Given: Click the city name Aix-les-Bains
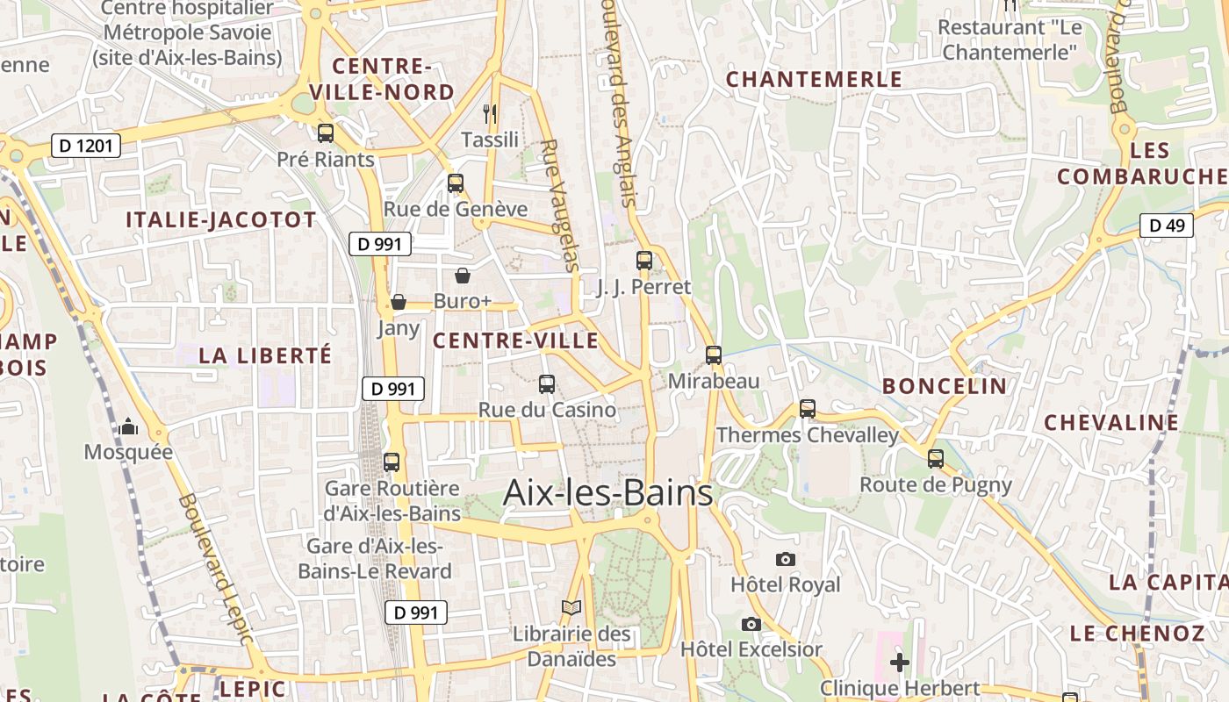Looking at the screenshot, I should click(607, 493).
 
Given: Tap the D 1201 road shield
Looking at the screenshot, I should click(86, 146).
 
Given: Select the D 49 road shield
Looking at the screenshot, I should click(1167, 226).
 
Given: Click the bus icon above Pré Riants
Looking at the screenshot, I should click(326, 133).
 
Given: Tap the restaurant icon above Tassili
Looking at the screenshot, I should click(491, 113).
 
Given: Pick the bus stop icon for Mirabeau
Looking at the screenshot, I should click(714, 355).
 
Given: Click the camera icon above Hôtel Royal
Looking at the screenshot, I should click(786, 559).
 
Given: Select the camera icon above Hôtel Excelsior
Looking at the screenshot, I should click(751, 624).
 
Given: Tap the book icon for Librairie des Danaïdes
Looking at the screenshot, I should click(571, 607).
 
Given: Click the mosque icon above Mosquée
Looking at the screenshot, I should click(129, 427).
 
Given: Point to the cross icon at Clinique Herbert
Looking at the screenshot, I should click(900, 663).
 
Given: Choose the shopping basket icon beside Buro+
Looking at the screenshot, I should click(463, 276).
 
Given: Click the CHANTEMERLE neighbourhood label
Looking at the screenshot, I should click(814, 79).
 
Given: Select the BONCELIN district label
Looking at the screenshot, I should click(945, 386).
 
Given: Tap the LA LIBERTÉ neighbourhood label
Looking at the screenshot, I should click(265, 355).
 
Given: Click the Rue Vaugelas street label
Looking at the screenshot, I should click(560, 205).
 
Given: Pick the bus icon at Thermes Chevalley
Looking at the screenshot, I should click(808, 409).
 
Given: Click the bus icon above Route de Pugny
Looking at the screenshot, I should click(936, 458).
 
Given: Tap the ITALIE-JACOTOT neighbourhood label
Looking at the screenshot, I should click(221, 219).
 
